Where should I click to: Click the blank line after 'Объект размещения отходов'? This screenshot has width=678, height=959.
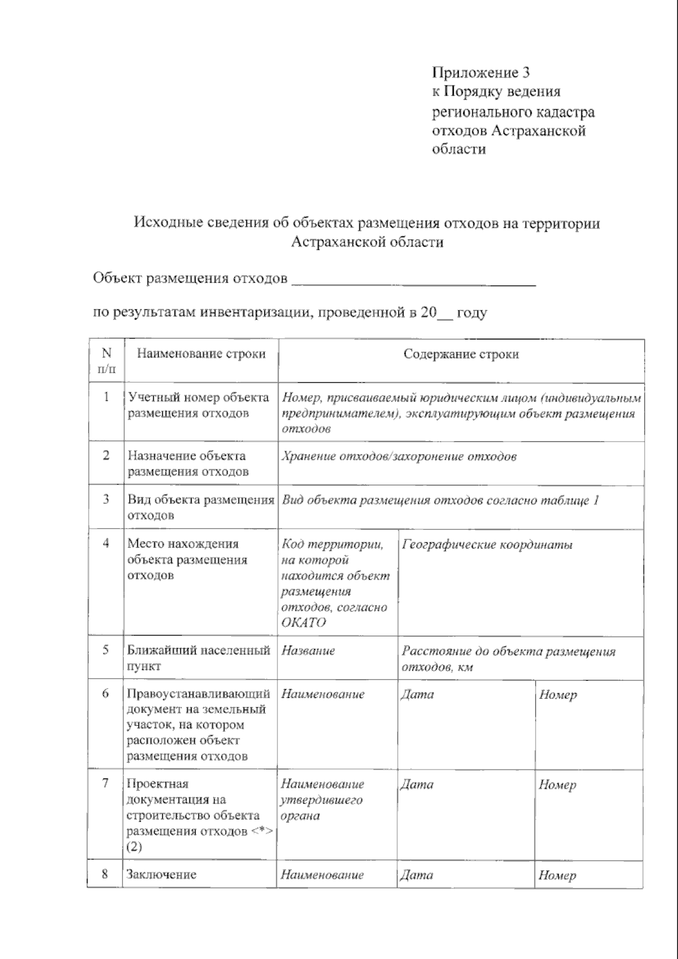coord(412,280)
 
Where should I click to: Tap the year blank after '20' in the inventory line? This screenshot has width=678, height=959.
coord(446,314)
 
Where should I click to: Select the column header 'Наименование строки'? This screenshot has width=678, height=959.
coord(201,355)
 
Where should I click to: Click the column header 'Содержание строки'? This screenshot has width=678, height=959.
coord(461,355)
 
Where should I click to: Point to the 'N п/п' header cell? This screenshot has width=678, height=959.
coord(106,361)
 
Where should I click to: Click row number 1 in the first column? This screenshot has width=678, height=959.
coord(106,397)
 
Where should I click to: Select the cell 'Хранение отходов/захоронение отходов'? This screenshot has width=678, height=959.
coord(399,457)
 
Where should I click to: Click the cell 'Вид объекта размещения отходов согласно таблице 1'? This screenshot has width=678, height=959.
coord(440,500)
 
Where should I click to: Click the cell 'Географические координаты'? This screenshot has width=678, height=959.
coord(487,545)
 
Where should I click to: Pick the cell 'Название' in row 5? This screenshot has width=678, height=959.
coord(308,651)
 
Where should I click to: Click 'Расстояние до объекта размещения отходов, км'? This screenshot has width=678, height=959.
coord(508,659)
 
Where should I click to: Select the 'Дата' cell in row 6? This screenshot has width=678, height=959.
coord(417,695)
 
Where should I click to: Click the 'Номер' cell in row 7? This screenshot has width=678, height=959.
coord(557,785)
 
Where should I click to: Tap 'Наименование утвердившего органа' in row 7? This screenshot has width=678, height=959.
coord(322,800)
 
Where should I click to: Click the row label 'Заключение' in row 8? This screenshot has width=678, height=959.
coord(162,875)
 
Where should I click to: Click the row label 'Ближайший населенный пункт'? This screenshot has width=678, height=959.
coord(198,658)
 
